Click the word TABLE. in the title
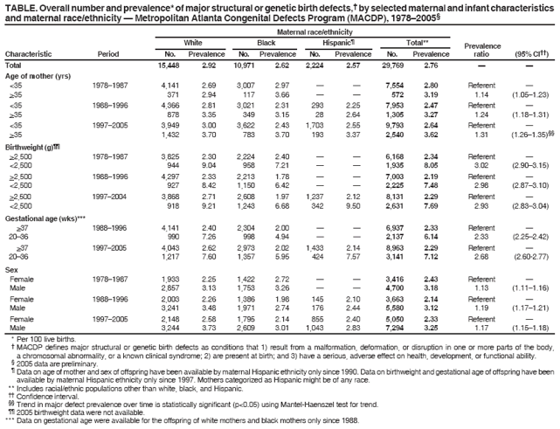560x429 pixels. (x=21, y=6)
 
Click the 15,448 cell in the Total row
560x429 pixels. (x=168, y=66)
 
